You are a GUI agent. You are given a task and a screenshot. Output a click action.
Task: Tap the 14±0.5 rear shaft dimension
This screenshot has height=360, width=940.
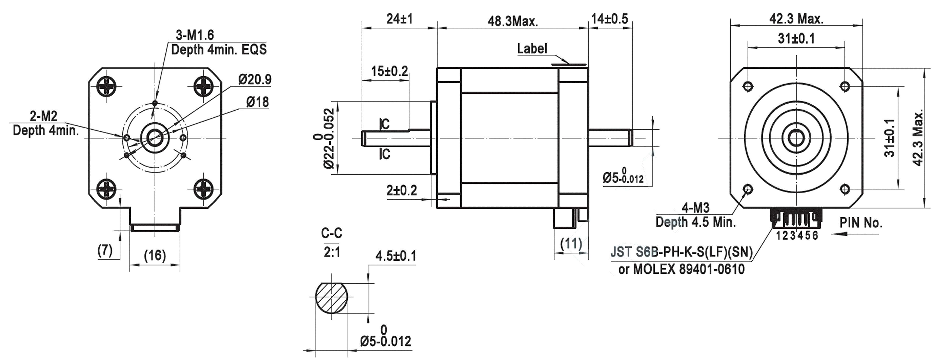click(610, 19)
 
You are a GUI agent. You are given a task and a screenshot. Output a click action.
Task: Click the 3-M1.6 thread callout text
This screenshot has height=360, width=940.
click(195, 35)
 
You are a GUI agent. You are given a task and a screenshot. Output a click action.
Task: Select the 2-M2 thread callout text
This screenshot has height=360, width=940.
click(44, 116)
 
